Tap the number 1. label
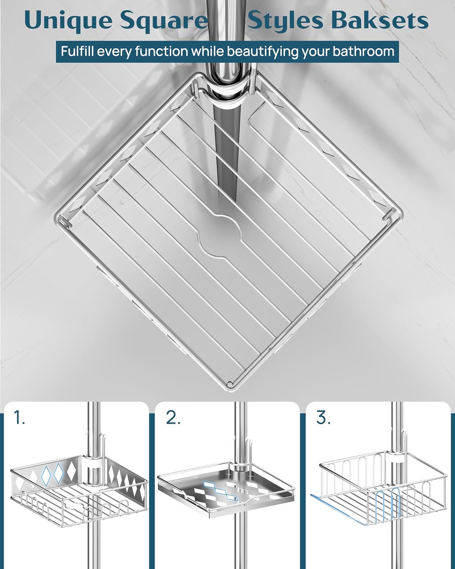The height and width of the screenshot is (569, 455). click(19, 418)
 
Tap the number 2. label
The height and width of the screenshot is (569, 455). click(173, 418)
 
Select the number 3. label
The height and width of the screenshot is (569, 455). click(323, 418)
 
